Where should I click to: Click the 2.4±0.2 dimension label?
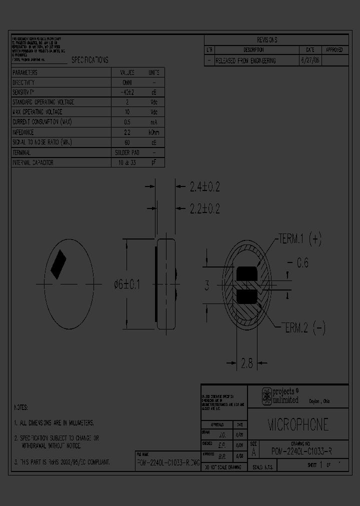point(204,187)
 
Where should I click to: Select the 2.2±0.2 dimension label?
point(204,208)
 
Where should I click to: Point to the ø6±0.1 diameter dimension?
point(127,284)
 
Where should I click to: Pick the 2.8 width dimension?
point(246,364)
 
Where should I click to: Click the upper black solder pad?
point(245,274)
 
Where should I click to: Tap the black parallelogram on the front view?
point(59,264)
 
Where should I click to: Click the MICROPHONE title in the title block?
point(298,424)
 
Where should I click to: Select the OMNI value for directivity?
point(127,82)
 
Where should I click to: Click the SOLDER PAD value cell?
point(127,152)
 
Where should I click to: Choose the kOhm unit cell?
point(154,132)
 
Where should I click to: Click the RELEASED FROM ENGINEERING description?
point(245,60)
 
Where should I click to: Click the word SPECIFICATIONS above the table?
point(89,60)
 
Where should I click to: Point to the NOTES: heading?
point(21,407)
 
